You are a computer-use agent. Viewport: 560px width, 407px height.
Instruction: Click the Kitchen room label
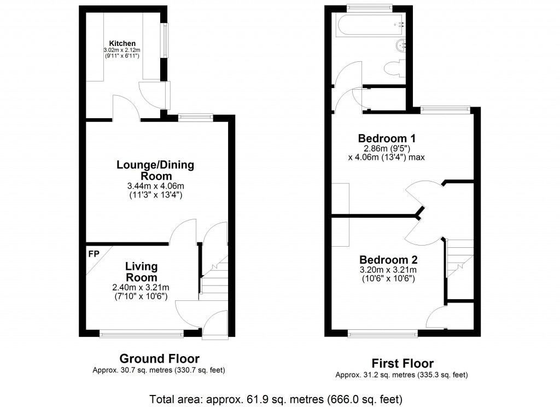tap(122, 44)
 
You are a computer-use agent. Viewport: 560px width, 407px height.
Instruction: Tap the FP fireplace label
tap(94, 254)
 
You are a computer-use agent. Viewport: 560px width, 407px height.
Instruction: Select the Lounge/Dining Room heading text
tap(155, 171)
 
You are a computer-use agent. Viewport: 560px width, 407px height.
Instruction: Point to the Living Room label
tap(142, 272)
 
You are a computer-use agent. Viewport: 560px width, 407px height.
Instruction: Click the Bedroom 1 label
tap(387, 138)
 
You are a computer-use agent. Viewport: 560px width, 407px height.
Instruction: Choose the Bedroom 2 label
tap(388, 260)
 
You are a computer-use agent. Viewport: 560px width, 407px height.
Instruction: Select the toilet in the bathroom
tap(395, 68)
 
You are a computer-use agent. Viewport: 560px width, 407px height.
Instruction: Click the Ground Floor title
tap(159, 358)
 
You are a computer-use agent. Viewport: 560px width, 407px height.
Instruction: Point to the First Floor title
tap(402, 363)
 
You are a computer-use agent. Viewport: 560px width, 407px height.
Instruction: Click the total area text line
tap(276, 399)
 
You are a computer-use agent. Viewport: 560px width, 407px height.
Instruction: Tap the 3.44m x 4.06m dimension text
tap(156, 186)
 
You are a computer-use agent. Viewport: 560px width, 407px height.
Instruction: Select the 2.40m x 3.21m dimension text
tap(141, 287)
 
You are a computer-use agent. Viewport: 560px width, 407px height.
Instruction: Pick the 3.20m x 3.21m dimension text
tap(388, 270)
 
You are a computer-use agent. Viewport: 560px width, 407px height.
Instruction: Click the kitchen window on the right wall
tap(165, 40)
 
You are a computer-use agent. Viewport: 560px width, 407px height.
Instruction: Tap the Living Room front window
tap(142, 334)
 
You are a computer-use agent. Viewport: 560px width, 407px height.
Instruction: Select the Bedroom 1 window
tap(445, 110)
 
